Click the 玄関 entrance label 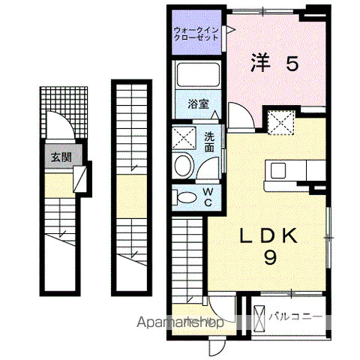[x=61, y=157]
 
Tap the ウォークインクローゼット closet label [x=196, y=34]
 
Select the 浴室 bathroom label [x=198, y=104]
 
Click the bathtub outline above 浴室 [x=198, y=74]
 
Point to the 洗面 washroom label [x=209, y=142]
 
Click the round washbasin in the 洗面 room [x=184, y=166]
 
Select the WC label [x=208, y=197]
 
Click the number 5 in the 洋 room [x=292, y=64]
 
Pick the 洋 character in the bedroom [x=261, y=63]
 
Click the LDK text [x=269, y=235]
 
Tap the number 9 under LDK [x=270, y=257]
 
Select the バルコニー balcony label [x=295, y=317]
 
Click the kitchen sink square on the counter [x=278, y=170]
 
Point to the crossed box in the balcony [x=259, y=318]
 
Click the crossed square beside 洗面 [x=184, y=138]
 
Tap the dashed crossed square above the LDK [x=281, y=123]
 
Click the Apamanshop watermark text [x=180, y=322]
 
